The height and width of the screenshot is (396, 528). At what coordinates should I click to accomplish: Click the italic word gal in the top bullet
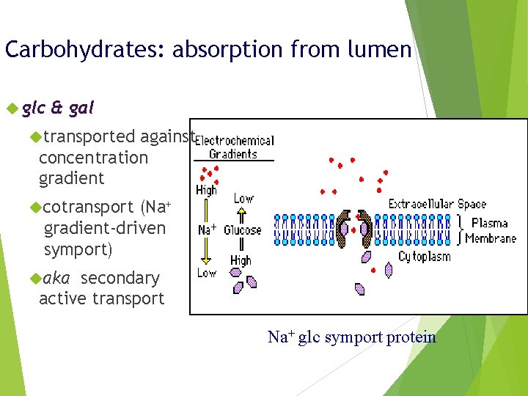[x=81, y=109]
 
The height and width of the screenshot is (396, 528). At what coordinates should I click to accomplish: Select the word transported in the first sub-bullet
[x=89, y=136]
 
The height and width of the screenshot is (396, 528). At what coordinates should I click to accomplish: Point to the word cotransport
[x=89, y=208]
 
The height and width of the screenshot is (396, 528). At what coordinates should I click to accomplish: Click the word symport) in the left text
[x=78, y=249]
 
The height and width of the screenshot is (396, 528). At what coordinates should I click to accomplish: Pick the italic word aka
[x=56, y=278]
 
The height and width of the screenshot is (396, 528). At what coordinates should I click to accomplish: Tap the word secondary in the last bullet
[x=120, y=278]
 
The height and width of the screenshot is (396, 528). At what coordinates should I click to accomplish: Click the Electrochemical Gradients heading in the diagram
[x=233, y=147]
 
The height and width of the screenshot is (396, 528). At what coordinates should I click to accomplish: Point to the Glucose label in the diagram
[x=243, y=230]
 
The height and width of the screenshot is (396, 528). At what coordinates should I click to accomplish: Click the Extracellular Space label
[x=437, y=204]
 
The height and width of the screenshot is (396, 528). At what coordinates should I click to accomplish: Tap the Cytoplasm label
[x=424, y=257]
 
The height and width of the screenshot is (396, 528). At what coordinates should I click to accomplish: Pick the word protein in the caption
[x=414, y=337]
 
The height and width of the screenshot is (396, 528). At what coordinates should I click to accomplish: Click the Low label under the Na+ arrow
[x=206, y=273]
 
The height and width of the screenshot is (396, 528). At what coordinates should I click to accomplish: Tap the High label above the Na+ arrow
[x=206, y=189]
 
